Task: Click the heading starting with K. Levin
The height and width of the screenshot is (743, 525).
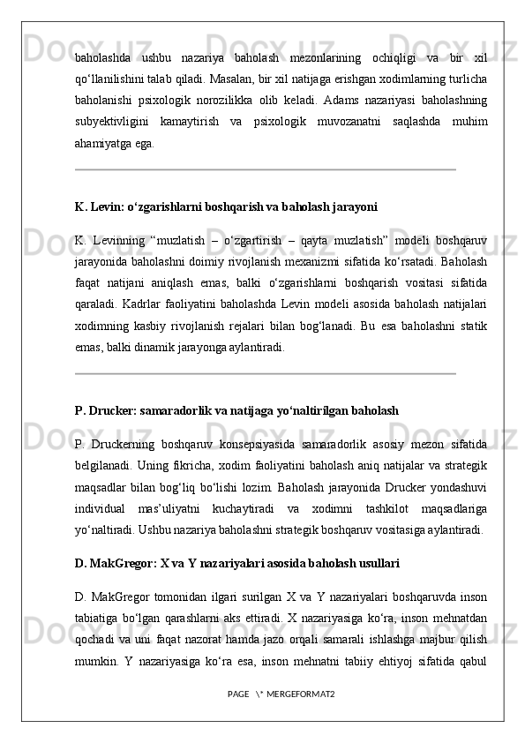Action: tap(226, 207)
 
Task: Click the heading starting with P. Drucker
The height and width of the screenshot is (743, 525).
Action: tap(236, 410)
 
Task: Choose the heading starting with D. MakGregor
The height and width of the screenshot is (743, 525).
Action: tap(237, 561)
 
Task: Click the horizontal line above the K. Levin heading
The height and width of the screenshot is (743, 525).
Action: tap(265, 169)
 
